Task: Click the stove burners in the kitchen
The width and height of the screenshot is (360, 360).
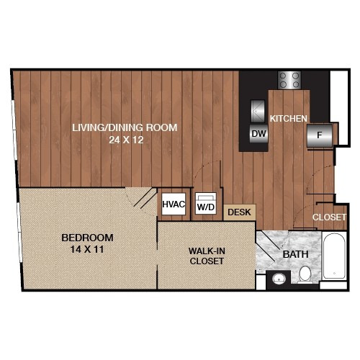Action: [x=289, y=80]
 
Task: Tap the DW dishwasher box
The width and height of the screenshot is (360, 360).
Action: [x=258, y=134]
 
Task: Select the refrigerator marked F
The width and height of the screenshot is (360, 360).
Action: [x=320, y=135]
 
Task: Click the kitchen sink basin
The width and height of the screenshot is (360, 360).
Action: [x=258, y=111]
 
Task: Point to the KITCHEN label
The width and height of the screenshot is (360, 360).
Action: [x=289, y=119]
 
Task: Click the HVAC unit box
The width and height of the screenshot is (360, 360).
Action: [x=174, y=204]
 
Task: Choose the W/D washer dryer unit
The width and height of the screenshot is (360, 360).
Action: [x=206, y=204]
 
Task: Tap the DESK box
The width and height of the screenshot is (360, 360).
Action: [x=239, y=212]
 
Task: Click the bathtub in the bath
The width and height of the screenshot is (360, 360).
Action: [x=334, y=256]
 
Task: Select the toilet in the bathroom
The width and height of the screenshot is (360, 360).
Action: [x=305, y=274]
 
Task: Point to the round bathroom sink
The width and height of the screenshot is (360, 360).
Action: [x=279, y=279]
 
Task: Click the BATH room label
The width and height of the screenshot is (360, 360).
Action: [x=295, y=254]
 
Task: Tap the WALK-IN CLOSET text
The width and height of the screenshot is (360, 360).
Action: [x=207, y=256]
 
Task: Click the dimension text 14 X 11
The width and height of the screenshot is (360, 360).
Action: [x=87, y=249]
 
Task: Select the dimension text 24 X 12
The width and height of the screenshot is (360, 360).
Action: [x=126, y=140]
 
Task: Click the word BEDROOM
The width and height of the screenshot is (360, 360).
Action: [x=87, y=238]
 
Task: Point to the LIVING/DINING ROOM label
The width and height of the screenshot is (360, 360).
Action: [x=125, y=127]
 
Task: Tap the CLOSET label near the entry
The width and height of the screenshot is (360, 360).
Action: [x=329, y=217]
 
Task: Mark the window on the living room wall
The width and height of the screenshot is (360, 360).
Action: [x=14, y=130]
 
